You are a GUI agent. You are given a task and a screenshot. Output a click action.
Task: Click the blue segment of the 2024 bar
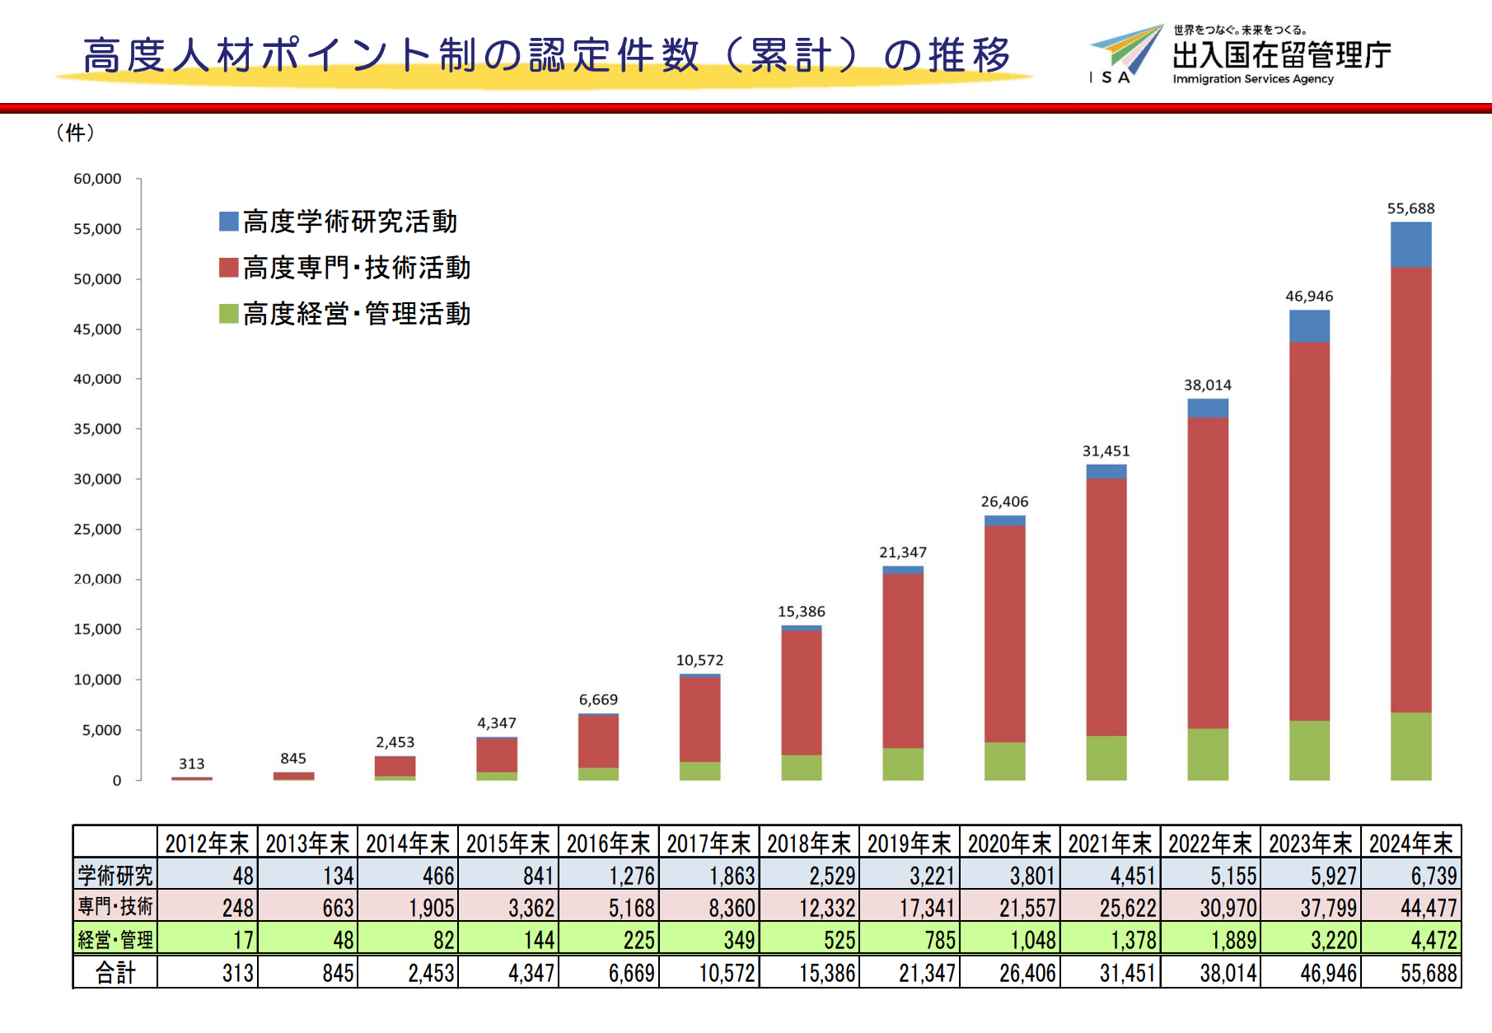(1410, 245)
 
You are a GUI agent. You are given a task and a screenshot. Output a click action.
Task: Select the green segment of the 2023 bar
(1309, 750)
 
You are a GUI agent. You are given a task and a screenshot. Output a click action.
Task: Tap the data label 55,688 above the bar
(1410, 208)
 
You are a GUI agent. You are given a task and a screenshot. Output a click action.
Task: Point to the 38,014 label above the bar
(1207, 385)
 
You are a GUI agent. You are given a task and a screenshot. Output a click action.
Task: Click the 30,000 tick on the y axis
(97, 479)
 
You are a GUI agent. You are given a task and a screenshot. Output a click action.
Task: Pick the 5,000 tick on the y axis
(101, 730)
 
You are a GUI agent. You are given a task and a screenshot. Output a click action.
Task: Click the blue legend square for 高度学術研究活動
(228, 221)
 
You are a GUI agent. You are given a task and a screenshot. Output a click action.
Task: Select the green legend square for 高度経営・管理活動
(228, 313)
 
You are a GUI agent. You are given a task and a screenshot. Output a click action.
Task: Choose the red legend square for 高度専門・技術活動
(228, 267)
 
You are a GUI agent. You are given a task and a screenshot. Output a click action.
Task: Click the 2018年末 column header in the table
(808, 844)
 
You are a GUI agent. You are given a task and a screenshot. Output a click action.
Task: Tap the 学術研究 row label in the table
(115, 875)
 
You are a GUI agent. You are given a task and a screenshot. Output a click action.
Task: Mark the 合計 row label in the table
(115, 973)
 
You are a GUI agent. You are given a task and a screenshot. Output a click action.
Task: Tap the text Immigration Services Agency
(1252, 79)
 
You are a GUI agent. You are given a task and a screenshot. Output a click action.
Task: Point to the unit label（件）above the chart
(75, 133)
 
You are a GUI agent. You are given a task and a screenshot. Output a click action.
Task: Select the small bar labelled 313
(192, 778)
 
